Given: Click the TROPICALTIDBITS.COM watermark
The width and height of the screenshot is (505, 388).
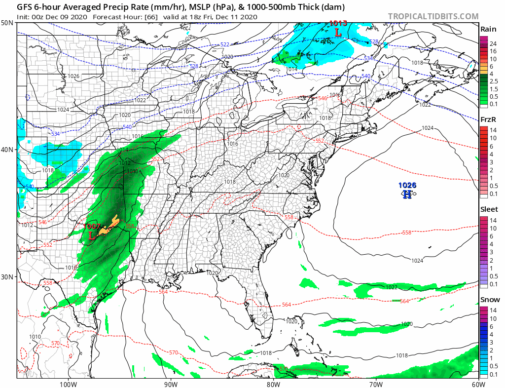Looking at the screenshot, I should click(433, 16).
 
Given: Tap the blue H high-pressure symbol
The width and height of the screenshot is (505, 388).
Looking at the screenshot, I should click(407, 194).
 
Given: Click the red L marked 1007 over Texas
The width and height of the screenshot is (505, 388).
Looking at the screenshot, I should click(92, 235).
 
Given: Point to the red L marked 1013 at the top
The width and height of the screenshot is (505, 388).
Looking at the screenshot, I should click(338, 33).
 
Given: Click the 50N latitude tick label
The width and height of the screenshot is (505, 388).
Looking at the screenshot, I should click(7, 23).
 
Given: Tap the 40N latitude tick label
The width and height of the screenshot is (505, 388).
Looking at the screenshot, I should click(7, 150).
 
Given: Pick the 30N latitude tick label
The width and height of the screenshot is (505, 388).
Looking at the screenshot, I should click(7, 276).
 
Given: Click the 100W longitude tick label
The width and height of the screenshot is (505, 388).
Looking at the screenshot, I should click(68, 384).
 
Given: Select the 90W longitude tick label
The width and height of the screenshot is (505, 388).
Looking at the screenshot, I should click(170, 384).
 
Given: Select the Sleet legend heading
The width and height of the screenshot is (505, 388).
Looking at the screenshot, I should click(489, 209).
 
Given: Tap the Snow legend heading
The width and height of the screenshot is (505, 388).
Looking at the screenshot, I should click(490, 300).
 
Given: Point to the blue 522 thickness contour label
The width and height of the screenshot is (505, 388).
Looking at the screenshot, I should click(224, 44).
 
